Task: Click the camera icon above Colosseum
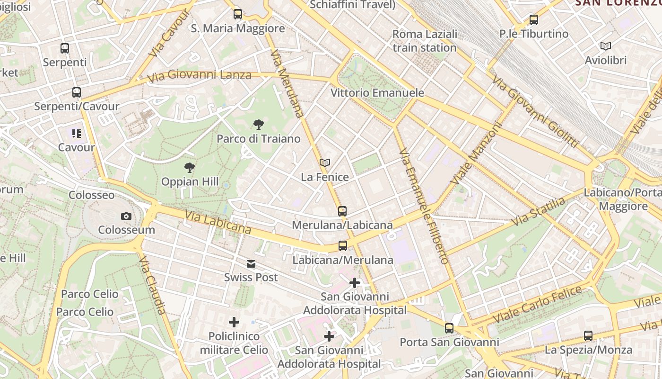[x=126, y=217]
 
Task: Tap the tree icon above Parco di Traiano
[x=258, y=125]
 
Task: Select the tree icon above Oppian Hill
[x=190, y=168]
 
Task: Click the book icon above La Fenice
[x=324, y=163]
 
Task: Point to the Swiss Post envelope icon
[x=251, y=264]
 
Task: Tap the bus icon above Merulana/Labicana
[x=342, y=211]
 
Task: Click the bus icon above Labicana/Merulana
[x=343, y=246]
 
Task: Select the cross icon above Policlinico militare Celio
[x=234, y=323]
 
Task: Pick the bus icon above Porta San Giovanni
[x=449, y=328]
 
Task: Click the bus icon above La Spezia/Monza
[x=588, y=336]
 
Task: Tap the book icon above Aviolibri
[x=605, y=46]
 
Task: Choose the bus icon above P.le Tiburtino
[x=534, y=20]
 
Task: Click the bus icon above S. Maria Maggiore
[x=238, y=14]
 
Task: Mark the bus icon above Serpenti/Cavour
[x=77, y=92]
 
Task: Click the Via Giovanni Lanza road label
[x=199, y=75]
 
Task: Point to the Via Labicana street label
[x=218, y=223]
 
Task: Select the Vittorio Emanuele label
[x=377, y=93]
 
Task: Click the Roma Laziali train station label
[x=425, y=41]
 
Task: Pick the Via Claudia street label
[x=153, y=286]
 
